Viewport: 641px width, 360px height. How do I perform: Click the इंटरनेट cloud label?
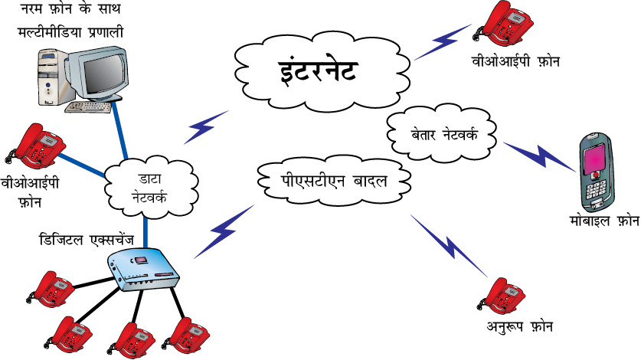[x=318, y=70]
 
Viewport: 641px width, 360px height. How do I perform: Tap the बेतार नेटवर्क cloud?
[x=442, y=134]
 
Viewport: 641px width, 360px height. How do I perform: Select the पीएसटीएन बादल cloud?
[x=334, y=181]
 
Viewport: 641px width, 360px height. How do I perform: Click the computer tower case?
[x=52, y=77]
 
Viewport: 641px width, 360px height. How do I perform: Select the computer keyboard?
[x=88, y=106]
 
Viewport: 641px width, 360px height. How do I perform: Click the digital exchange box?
[x=143, y=269]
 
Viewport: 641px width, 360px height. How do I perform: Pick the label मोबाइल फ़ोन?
[x=604, y=221]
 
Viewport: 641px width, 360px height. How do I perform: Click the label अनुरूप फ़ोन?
[x=519, y=326]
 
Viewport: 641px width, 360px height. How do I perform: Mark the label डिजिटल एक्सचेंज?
[x=87, y=239]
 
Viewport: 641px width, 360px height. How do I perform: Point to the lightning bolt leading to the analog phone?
[x=450, y=245]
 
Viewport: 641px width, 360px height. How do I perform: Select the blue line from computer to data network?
[x=119, y=129]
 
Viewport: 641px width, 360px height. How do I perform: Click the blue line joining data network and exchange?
[x=146, y=232]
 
